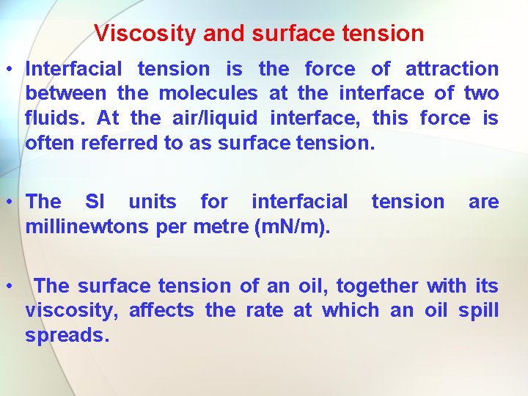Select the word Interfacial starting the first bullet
point(74,70)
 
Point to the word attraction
point(452,70)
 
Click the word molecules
point(208,94)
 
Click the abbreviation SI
point(95,202)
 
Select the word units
point(153,202)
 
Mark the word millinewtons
point(88,227)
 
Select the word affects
point(161,310)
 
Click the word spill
point(478,310)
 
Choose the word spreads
point(67,335)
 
